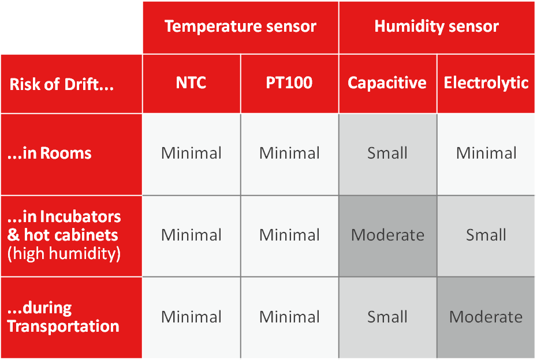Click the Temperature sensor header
tap(240, 27)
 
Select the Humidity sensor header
tap(437, 27)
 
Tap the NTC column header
tap(191, 83)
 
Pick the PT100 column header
tap(289, 83)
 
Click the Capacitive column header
tap(387, 83)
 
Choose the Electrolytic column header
tap(486, 83)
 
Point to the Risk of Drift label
tap(62, 85)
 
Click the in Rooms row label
tap(50, 153)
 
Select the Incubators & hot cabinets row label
tap(64, 226)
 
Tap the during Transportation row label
tap(63, 317)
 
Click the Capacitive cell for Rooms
tap(387, 153)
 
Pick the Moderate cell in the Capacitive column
tap(387, 235)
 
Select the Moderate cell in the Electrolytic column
tap(486, 317)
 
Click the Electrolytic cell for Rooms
tap(486, 153)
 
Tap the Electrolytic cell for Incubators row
tap(486, 235)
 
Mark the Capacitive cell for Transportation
tap(387, 317)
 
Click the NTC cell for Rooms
tap(191, 153)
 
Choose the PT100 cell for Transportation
tap(289, 317)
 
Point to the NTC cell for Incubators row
tap(191, 235)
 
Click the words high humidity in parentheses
tap(64, 254)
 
